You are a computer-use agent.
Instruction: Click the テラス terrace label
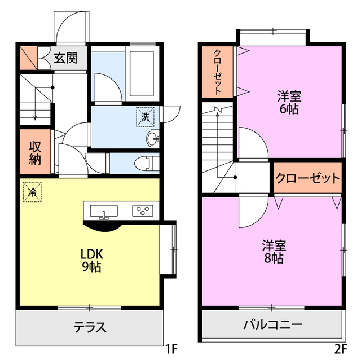pyautogui.click(x=90, y=327)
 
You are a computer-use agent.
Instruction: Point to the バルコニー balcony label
pyautogui.click(x=273, y=326)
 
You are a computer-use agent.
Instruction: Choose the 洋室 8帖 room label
pyautogui.click(x=273, y=252)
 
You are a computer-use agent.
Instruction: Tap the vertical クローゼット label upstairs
pyautogui.click(x=218, y=72)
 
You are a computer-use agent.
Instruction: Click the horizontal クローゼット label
pyautogui.click(x=308, y=179)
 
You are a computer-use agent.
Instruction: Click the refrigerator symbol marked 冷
pyautogui.click(x=32, y=192)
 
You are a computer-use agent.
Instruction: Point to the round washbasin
pyautogui.click(x=152, y=139)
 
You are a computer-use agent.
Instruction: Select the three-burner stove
pyautogui.click(x=142, y=211)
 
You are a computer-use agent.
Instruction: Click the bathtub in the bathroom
pyautogui.click(x=142, y=67)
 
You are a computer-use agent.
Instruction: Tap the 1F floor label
pyautogui.click(x=172, y=348)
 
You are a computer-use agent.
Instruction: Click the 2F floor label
pyautogui.click(x=340, y=348)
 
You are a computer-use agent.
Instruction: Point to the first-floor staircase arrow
pyautogui.click(x=36, y=107)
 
